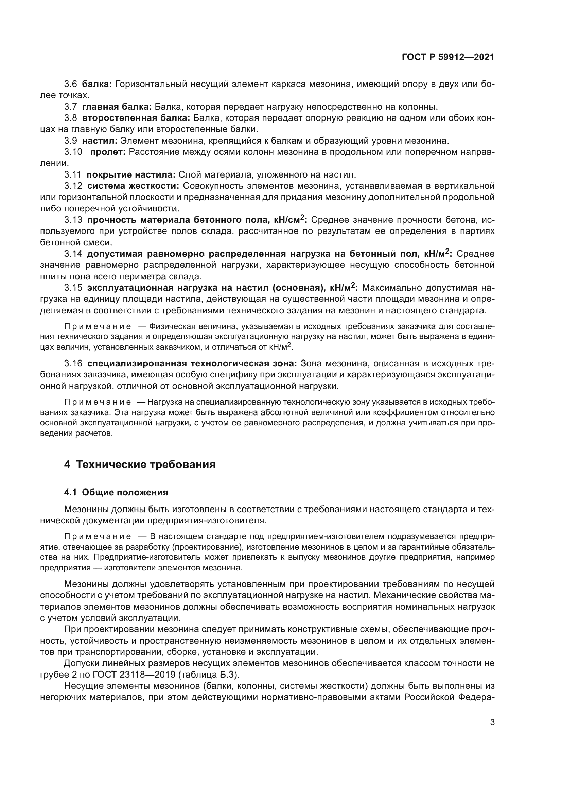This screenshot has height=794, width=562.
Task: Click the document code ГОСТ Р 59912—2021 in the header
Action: coord(448,57)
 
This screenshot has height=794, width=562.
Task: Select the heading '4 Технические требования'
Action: coord(140,464)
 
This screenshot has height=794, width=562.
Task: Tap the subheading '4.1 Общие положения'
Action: coord(116,493)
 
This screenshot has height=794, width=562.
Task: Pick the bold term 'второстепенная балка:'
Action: coord(136,118)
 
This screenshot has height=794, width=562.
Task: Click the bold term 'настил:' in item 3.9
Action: coord(100,141)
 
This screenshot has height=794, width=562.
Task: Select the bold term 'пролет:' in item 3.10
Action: coord(108,152)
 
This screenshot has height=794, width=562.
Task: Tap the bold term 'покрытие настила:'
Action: coord(131,174)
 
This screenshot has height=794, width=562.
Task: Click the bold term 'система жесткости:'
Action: coord(133,186)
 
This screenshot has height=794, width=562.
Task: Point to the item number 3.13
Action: coord(73,220)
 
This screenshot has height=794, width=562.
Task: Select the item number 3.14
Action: coord(73,254)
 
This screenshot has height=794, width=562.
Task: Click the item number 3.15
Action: coord(73,288)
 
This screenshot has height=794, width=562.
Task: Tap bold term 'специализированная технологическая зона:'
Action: coord(192,364)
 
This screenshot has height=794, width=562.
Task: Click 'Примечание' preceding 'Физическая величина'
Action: coord(98,327)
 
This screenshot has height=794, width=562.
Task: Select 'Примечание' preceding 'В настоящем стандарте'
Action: coord(98,537)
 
